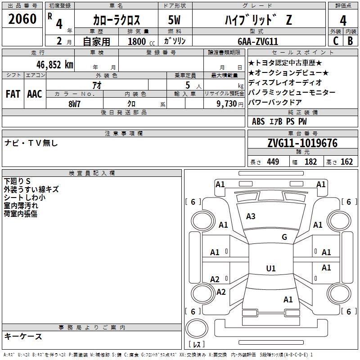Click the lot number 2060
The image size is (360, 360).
22,19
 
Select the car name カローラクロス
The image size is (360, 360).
117,20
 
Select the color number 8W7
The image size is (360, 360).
75,103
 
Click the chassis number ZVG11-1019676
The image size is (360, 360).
302,144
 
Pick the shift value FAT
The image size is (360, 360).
13,94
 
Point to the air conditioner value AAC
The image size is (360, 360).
35,94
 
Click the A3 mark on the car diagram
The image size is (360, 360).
251,216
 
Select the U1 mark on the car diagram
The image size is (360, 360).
271,269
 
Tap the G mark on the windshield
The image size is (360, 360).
284,237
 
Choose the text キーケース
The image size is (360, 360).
23,336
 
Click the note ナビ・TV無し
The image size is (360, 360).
31,143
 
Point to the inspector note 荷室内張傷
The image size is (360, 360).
20,214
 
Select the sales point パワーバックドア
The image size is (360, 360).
275,102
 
